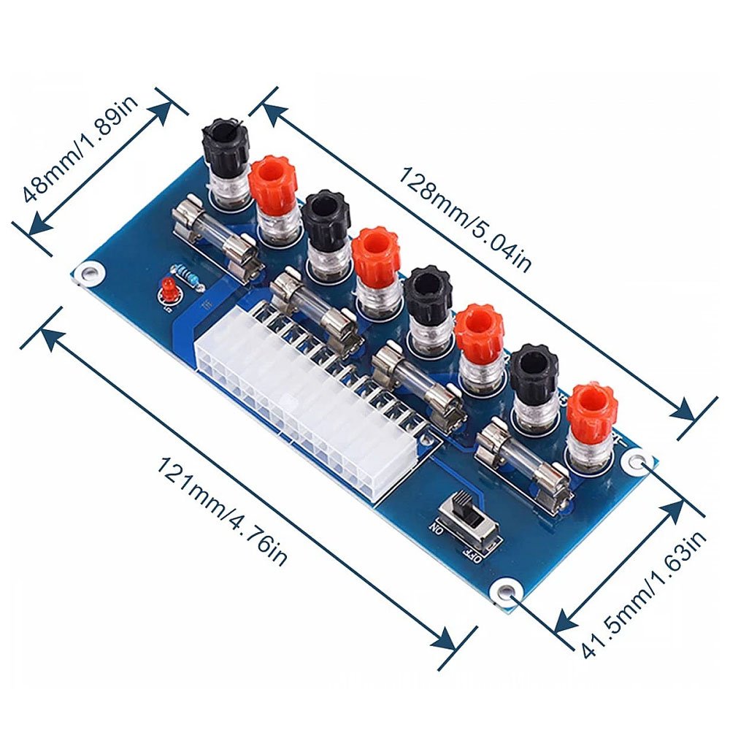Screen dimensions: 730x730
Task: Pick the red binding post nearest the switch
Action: click(x=591, y=416)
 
